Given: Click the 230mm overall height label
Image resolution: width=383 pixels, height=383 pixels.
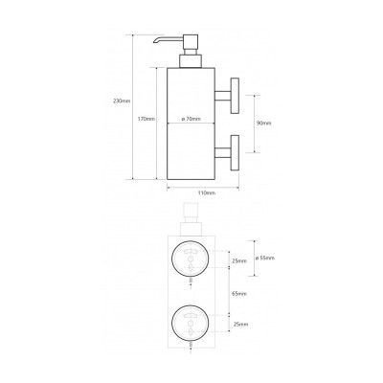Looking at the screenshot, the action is [x=122, y=101].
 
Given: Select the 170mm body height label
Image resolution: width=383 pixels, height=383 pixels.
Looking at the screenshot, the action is [x=146, y=119].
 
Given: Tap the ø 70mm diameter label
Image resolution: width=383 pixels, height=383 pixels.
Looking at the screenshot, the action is [x=191, y=119].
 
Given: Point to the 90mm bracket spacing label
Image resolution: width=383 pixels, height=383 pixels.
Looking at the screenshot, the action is [x=263, y=124].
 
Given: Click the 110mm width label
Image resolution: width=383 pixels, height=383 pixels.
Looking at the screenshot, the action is [x=207, y=193].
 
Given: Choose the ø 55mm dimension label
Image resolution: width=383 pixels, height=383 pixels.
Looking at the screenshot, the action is [x=265, y=259].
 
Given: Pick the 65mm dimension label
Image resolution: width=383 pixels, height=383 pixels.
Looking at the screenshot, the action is [x=240, y=294].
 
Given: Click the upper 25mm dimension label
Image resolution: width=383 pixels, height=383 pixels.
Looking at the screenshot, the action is [x=240, y=261].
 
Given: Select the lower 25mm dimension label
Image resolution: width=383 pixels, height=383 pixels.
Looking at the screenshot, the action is [x=240, y=325].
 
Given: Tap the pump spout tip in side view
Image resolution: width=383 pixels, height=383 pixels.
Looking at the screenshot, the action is [x=154, y=41].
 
